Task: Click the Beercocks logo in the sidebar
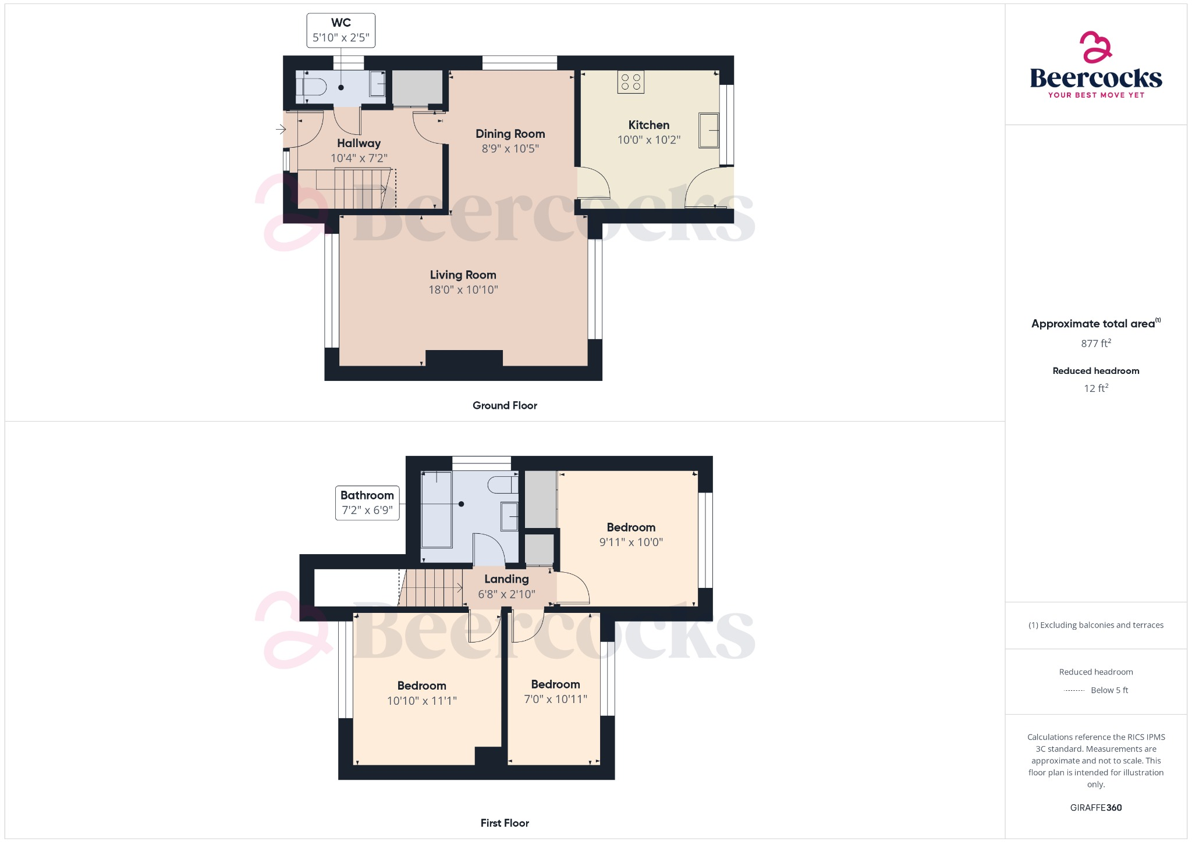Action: click(1095, 65)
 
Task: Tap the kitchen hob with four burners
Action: click(631, 82)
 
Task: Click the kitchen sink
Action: click(708, 130)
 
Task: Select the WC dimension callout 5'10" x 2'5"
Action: click(340, 37)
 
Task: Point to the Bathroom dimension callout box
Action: click(367, 503)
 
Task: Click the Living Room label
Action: click(463, 275)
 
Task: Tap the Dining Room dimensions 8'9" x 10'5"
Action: click(510, 149)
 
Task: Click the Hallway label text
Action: click(359, 143)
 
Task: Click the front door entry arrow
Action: click(281, 129)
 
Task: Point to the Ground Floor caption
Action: click(505, 406)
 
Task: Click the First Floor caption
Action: click(505, 823)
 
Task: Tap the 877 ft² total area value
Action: click(1095, 344)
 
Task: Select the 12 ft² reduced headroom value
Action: click(1095, 388)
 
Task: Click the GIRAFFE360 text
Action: click(1095, 808)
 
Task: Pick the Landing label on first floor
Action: click(506, 579)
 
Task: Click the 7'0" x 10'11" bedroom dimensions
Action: click(555, 700)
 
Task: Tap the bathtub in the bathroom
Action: click(437, 510)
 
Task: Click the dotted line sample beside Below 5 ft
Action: click(1074, 691)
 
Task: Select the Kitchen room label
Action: click(648, 125)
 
